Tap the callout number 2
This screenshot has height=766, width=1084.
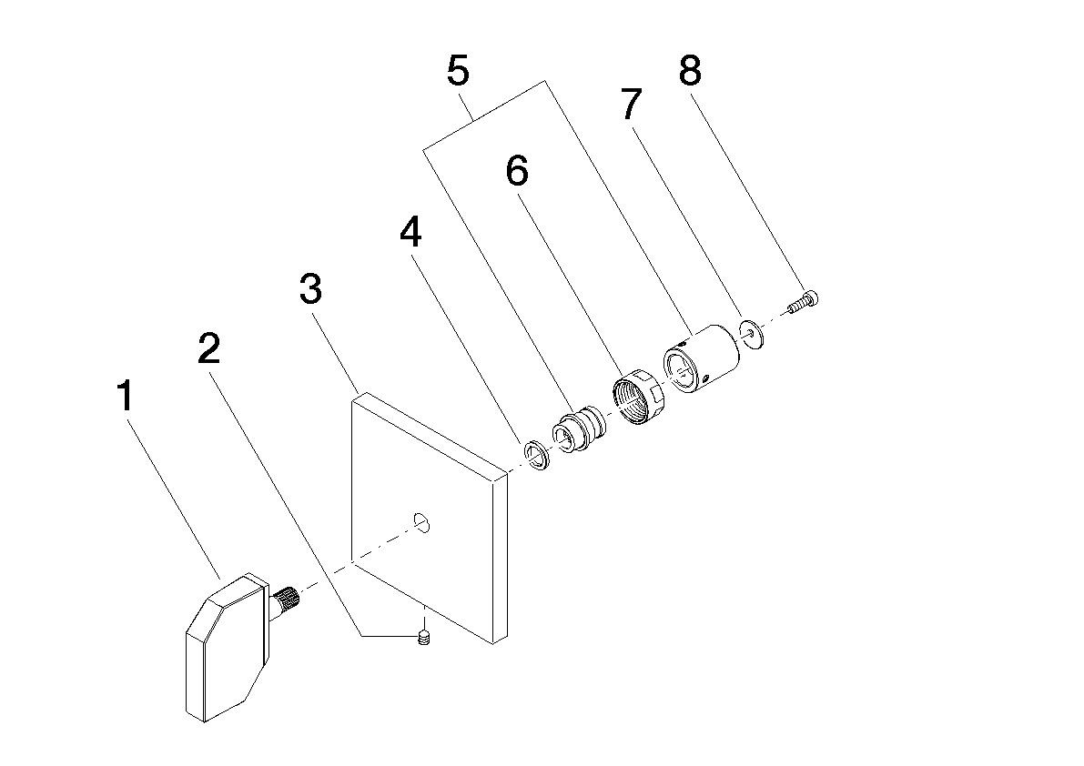(208, 348)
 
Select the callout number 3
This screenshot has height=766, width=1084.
(310, 289)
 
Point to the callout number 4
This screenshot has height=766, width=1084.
(410, 234)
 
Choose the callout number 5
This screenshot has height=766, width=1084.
(459, 71)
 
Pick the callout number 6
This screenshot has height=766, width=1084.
(516, 171)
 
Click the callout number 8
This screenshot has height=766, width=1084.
(690, 70)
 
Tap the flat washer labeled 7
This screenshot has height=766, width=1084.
(753, 332)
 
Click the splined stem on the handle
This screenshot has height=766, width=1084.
(288, 600)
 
